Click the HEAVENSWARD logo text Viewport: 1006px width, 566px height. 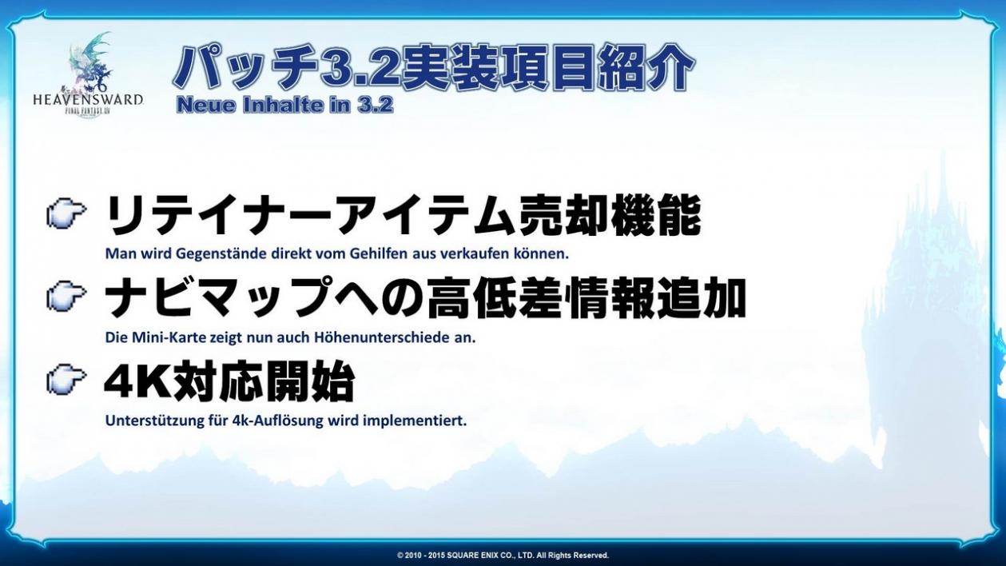[88, 99]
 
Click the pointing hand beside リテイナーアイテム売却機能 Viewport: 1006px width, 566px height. [66, 215]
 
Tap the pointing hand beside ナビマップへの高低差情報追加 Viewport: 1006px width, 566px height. [66, 297]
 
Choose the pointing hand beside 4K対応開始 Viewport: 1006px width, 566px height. [66, 380]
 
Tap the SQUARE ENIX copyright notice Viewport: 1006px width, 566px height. [503, 556]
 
